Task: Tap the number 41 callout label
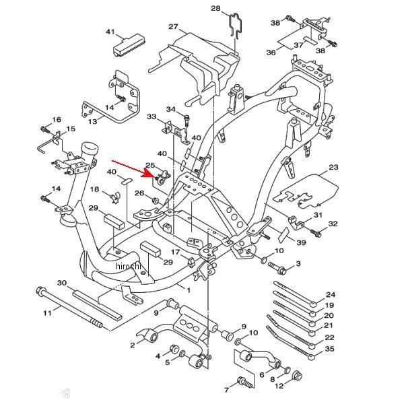110,32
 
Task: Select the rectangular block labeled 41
129,46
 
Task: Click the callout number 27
174,26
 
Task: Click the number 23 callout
333,167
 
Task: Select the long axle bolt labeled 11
69,307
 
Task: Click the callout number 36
271,53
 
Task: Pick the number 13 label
92,121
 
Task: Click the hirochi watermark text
129,266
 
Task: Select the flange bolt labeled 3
277,268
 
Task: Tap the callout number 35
329,349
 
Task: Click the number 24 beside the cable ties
331,294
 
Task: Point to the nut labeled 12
298,376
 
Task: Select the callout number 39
301,242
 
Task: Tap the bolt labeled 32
316,233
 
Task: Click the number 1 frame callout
189,290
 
